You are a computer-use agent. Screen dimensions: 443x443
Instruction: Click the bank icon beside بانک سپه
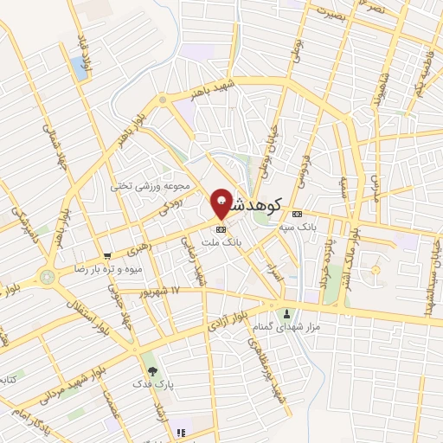pyautogui.click(x=298, y=214)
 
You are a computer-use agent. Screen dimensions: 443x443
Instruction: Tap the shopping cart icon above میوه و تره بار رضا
pyautogui.click(x=107, y=255)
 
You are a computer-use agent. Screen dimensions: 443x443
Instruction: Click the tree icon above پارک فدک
pyautogui.click(x=152, y=369)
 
